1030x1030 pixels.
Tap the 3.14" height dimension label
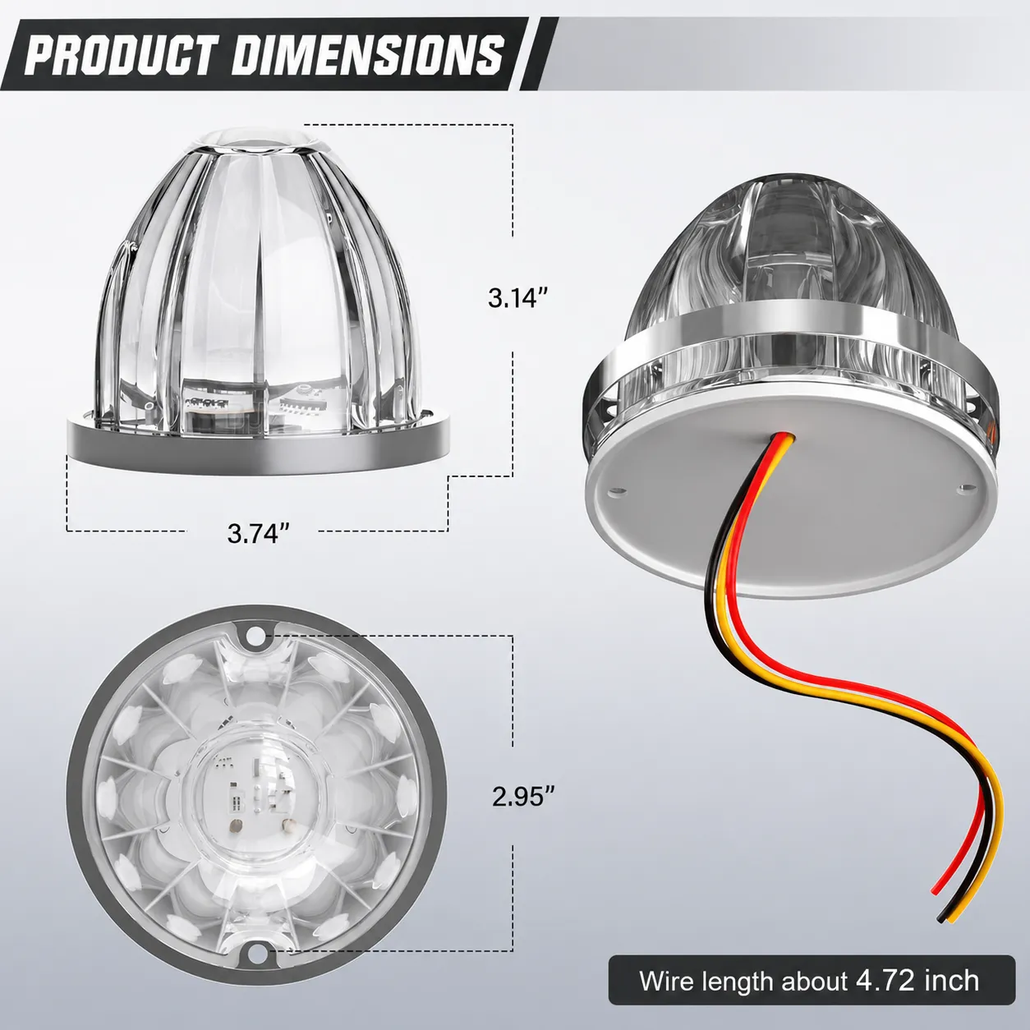[518, 297]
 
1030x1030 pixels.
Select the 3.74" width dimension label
[258, 532]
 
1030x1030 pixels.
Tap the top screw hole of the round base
[256, 636]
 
